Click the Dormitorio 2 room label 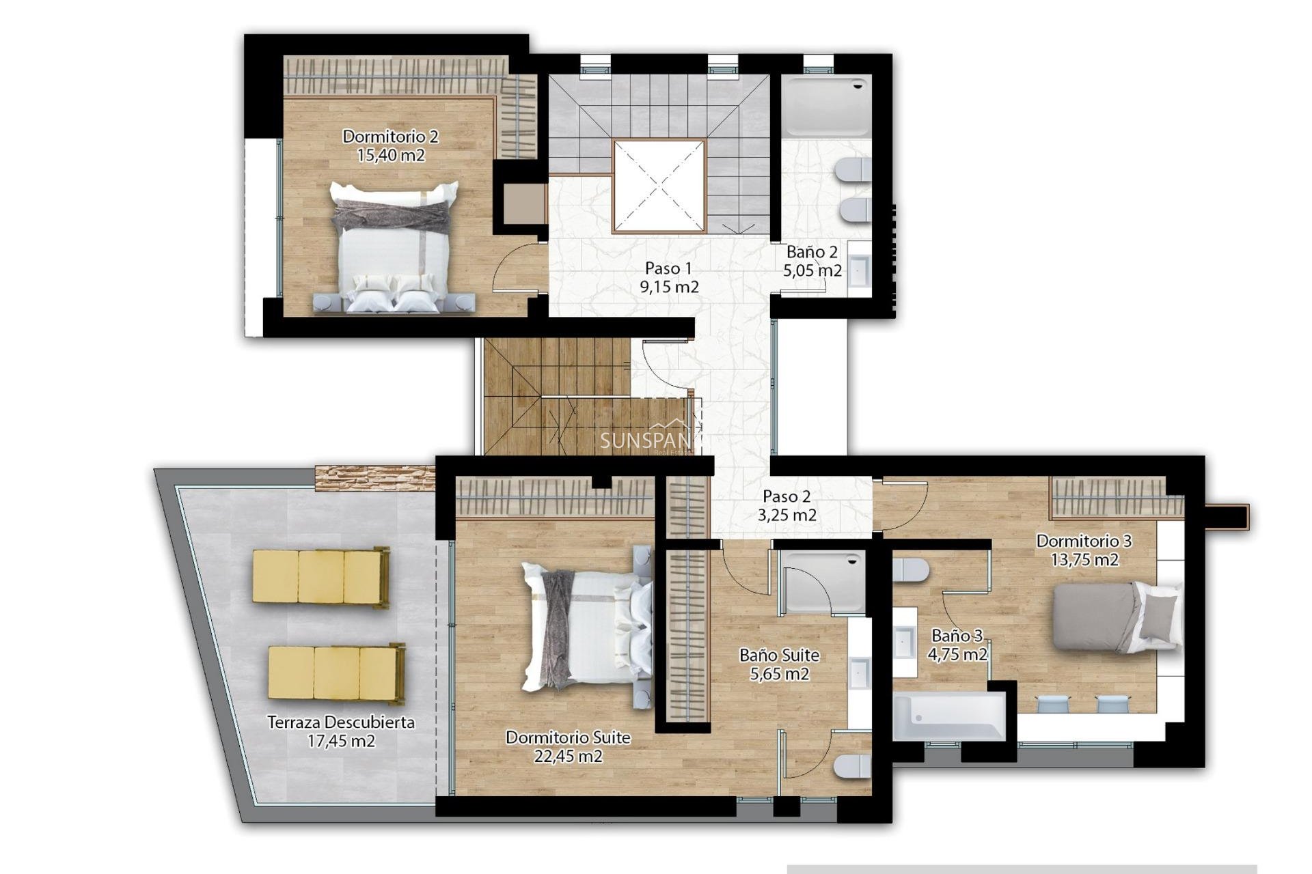pyautogui.click(x=390, y=137)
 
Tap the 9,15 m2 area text pyautogui.click(x=669, y=287)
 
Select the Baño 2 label pyautogui.click(x=812, y=252)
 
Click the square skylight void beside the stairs pyautogui.click(x=659, y=186)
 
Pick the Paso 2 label pyautogui.click(x=787, y=496)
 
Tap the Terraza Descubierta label pyautogui.click(x=340, y=722)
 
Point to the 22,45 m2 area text pyautogui.click(x=568, y=757)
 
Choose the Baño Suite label pyautogui.click(x=779, y=655)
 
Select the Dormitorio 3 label pyautogui.click(x=1084, y=541)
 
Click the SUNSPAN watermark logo pyautogui.click(x=646, y=440)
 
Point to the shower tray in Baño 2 pyautogui.click(x=826, y=107)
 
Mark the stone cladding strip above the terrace pyautogui.click(x=374, y=477)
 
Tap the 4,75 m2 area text pyautogui.click(x=957, y=655)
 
